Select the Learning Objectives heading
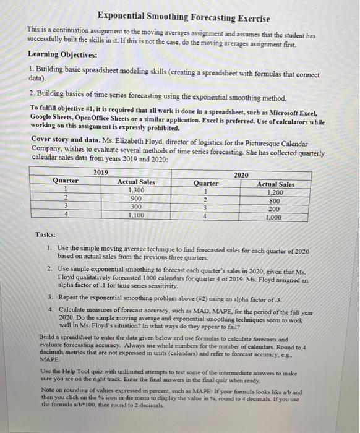tap(69, 54)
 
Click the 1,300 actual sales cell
tap(136, 191)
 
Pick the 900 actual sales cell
tap(136, 199)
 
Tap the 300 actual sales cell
tap(136, 207)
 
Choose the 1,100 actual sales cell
tap(136, 215)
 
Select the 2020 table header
tap(242, 175)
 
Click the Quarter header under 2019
tap(66, 181)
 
